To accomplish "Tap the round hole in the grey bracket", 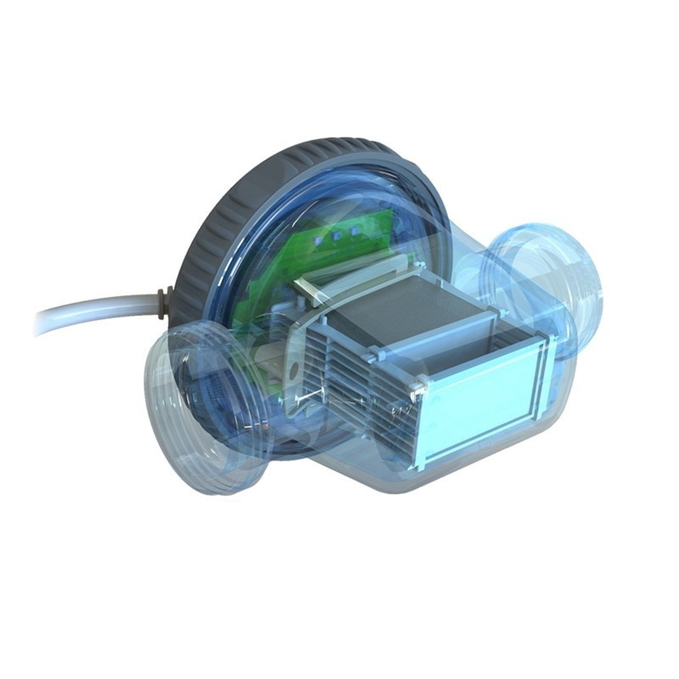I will pyautogui.click(x=289, y=370).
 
